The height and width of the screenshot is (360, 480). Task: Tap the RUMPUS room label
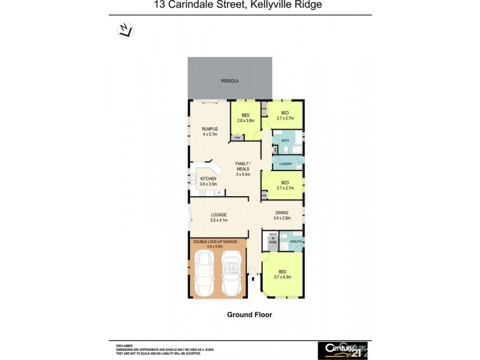209,129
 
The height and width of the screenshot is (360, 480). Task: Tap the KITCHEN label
208,179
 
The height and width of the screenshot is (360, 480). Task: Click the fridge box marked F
220,193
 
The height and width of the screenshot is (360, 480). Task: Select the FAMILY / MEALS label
243,164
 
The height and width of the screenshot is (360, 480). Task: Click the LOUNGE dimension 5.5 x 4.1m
218,220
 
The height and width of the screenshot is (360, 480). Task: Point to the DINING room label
281,212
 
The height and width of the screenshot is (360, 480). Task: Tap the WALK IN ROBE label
272,238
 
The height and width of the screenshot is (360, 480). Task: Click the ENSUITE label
295,241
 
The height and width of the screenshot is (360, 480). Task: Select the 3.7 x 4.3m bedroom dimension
282,277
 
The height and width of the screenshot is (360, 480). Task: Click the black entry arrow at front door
253,278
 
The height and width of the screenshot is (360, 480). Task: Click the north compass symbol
125,30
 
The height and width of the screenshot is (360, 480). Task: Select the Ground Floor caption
249,314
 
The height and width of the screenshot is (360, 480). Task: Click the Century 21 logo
342,349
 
